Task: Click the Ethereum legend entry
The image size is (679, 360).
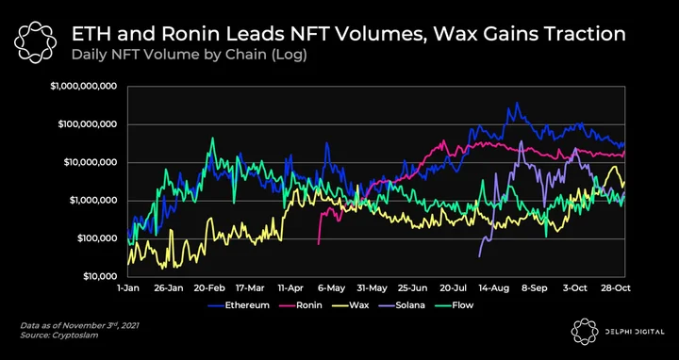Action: [x=239, y=305]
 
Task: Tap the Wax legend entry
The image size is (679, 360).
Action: [x=350, y=305]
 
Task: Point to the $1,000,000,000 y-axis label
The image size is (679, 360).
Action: [x=84, y=86]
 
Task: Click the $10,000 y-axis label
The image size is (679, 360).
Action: [x=100, y=276]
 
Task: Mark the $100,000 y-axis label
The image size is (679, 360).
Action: [x=96, y=238]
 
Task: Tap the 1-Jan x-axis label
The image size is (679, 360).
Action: [x=127, y=288]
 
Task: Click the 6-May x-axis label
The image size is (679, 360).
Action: [x=332, y=288]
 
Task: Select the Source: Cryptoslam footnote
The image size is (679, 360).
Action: [x=58, y=335]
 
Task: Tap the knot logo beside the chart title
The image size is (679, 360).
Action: [x=35, y=42]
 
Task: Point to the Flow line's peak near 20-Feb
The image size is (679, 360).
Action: [x=212, y=138]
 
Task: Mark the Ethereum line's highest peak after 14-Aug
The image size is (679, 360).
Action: [x=517, y=103]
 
